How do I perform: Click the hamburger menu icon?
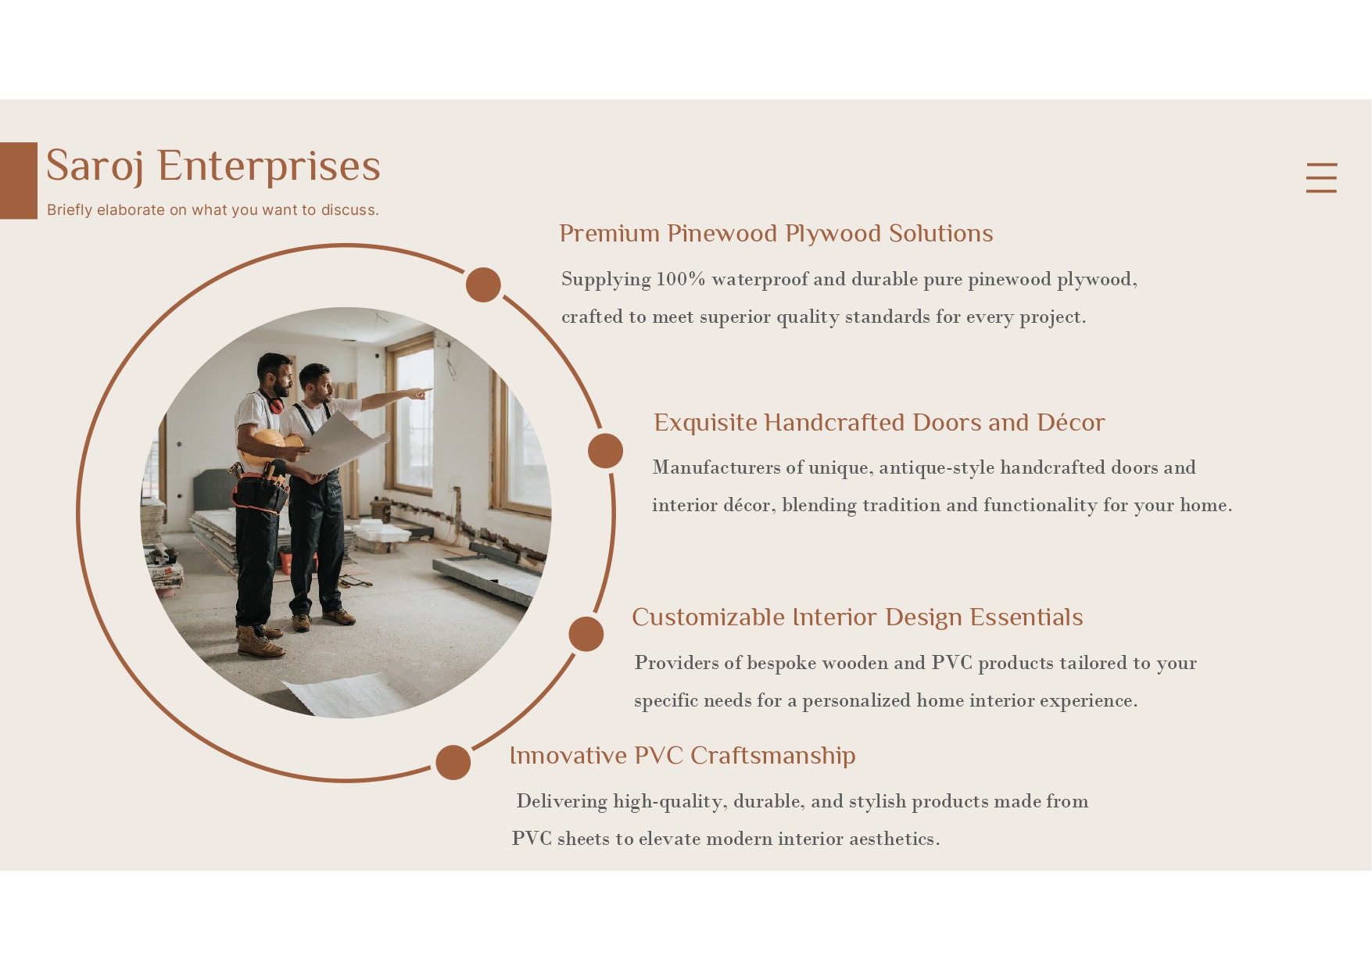tap(1321, 177)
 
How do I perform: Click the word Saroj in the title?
tap(95, 166)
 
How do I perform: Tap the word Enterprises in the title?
tap(269, 166)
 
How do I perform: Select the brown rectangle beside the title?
tap(19, 181)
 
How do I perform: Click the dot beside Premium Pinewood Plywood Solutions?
tap(483, 285)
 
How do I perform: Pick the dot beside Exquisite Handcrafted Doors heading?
tap(605, 451)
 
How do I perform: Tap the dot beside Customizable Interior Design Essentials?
tap(586, 634)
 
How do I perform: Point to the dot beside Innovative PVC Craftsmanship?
tap(453, 762)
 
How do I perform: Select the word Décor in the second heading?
tap(1071, 422)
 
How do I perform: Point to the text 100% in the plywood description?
tap(681, 279)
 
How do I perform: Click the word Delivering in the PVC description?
tap(561, 802)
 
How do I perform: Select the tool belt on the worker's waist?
tap(260, 489)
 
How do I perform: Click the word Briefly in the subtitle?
tap(70, 210)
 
